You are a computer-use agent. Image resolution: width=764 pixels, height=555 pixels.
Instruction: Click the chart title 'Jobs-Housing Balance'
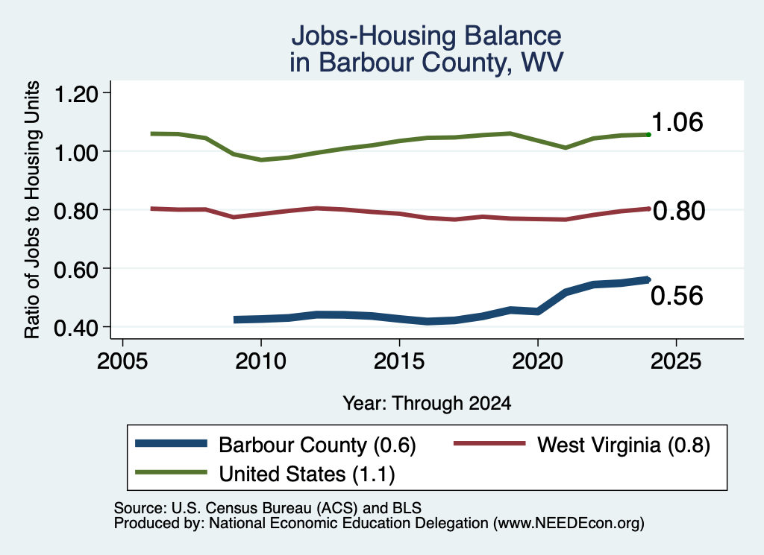[x=426, y=36]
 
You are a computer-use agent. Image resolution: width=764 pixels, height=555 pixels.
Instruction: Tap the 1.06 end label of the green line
[x=677, y=121]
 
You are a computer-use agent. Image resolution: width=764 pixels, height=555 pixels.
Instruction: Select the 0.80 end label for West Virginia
[x=679, y=211]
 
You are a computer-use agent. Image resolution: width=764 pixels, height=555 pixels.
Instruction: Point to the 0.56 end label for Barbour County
[x=677, y=296]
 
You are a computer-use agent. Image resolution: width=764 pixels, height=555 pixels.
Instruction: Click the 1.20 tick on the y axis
[x=75, y=93]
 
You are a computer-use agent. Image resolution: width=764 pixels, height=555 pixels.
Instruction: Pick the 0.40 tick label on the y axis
[x=75, y=327]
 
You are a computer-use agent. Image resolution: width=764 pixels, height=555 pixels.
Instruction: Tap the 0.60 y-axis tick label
[x=75, y=269]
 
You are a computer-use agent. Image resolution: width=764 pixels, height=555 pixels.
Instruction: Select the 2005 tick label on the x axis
[x=122, y=361]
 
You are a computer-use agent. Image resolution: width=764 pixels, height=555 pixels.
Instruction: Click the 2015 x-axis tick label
[x=399, y=361]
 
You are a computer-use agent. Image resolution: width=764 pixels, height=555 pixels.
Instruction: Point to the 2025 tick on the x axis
[x=676, y=361]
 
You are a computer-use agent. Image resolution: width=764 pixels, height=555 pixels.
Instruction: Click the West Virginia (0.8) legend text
[x=624, y=445]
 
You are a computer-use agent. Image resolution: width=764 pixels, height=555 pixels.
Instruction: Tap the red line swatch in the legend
[x=489, y=443]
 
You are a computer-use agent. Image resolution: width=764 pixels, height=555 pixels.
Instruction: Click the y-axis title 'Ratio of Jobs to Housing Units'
[x=32, y=209]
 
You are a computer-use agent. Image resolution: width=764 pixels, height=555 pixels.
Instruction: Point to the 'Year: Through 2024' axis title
[x=427, y=403]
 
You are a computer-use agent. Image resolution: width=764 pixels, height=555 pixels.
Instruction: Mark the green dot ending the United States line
[x=648, y=134]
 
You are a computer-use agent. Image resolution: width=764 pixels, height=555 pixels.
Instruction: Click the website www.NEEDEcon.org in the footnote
[x=568, y=523]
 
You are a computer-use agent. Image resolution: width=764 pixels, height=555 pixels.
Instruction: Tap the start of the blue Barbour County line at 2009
[x=235, y=320]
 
